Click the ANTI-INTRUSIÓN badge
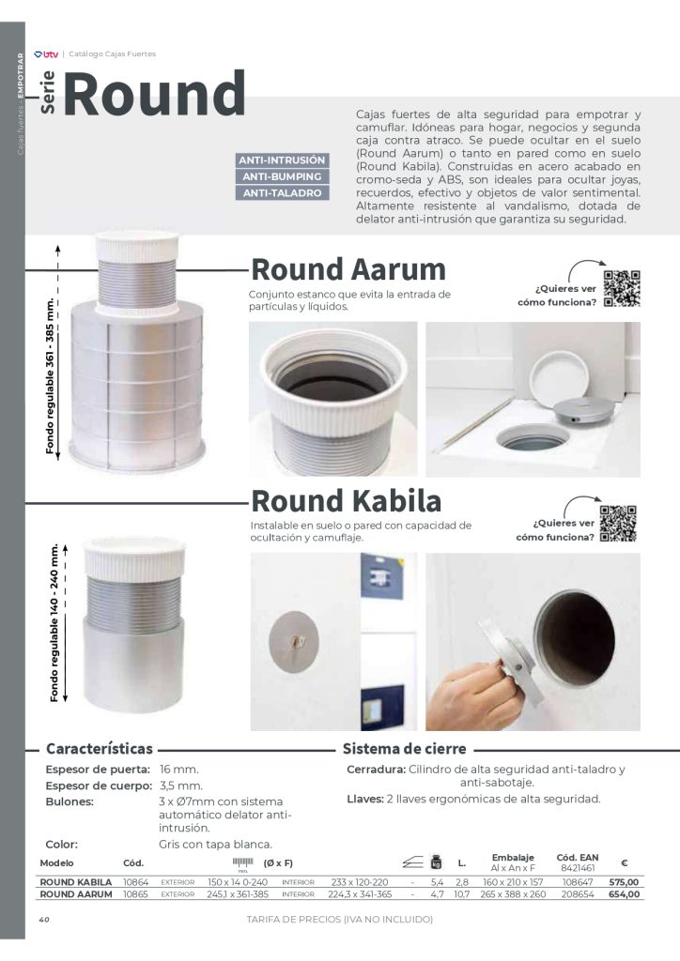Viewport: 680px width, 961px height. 283,160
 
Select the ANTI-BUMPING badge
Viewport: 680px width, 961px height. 283,176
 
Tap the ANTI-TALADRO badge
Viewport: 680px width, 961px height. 283,193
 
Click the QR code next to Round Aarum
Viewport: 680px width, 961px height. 622,288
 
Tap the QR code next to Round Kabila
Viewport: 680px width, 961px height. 619,524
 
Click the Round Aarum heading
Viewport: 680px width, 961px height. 348,269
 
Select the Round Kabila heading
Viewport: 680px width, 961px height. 347,500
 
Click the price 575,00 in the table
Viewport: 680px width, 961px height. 624,882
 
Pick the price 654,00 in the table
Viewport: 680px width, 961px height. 624,894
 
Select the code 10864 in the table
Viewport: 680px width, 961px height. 136,882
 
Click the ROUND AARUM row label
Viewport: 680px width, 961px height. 75,894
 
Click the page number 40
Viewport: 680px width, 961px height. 43,920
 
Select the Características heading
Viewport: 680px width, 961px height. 100,750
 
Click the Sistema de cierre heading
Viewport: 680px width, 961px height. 404,750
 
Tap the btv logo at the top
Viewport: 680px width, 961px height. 45,54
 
